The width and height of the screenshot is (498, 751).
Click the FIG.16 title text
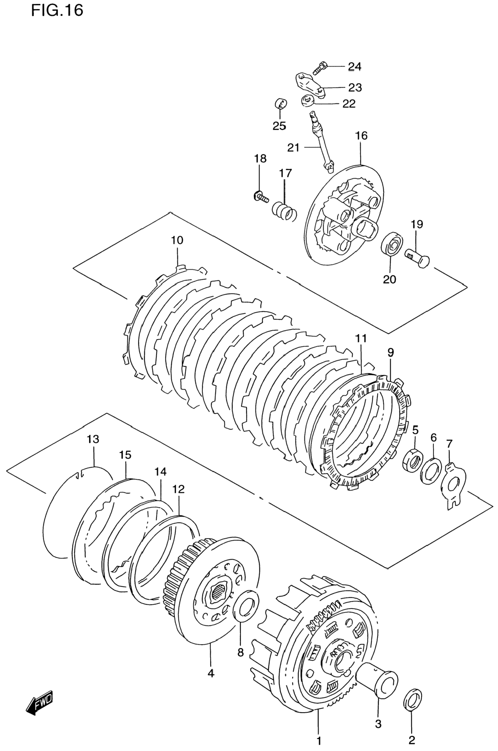click(57, 10)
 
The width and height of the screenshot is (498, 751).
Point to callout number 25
click(279, 126)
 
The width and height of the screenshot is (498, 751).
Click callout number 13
click(93, 439)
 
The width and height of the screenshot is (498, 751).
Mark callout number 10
click(177, 240)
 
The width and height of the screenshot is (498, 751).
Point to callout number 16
click(361, 135)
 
